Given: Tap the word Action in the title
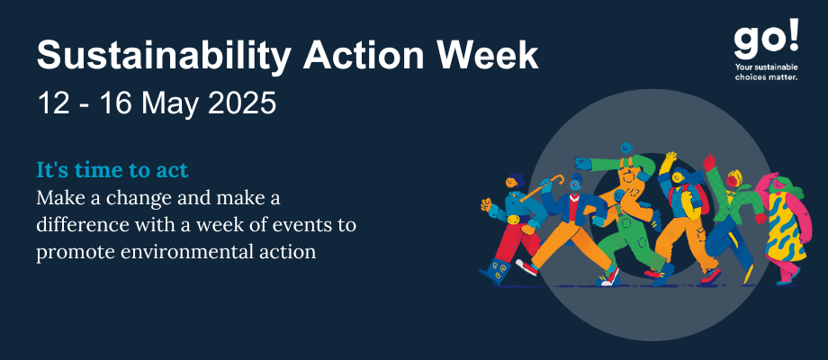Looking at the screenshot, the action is [363, 54].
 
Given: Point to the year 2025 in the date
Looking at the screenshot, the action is [242, 103].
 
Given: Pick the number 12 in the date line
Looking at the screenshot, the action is [53, 103].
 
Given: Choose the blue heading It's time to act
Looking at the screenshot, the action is [112, 170].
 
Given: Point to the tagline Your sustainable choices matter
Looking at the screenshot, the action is [766, 72].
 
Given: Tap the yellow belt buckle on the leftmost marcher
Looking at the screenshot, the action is [512, 220].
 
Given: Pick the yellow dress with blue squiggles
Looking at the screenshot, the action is [784, 228].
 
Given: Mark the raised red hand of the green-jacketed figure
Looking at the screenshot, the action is [708, 161].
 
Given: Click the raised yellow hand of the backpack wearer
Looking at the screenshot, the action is [671, 157].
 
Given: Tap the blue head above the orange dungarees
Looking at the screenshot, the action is [626, 148].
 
